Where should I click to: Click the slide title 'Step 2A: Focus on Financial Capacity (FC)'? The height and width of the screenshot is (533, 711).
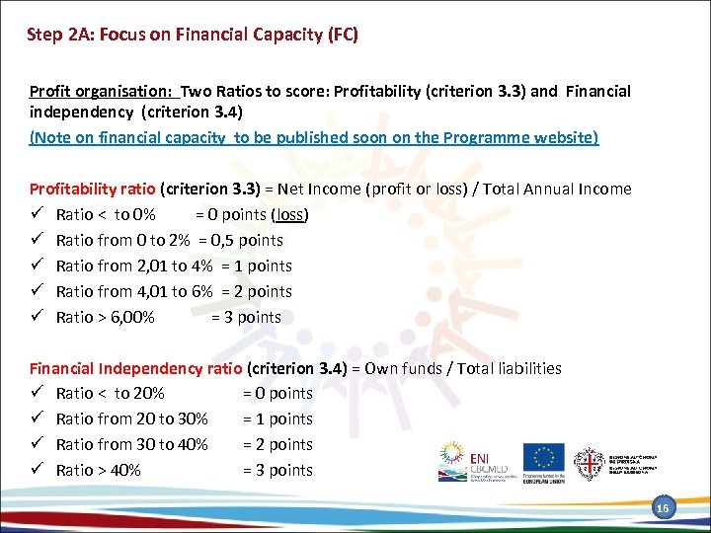(x=193, y=36)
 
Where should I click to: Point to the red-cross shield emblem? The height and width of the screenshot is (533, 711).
(x=590, y=462)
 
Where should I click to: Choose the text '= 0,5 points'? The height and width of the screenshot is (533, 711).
(x=241, y=240)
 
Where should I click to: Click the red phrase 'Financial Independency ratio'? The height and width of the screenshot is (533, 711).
(x=135, y=368)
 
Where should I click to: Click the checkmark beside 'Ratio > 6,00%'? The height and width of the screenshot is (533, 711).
(x=36, y=317)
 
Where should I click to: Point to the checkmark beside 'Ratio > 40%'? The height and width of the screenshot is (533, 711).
(x=36, y=470)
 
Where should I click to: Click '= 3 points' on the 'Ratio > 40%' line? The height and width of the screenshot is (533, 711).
(x=277, y=470)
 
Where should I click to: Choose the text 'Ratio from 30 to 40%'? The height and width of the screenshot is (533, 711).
(x=131, y=444)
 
